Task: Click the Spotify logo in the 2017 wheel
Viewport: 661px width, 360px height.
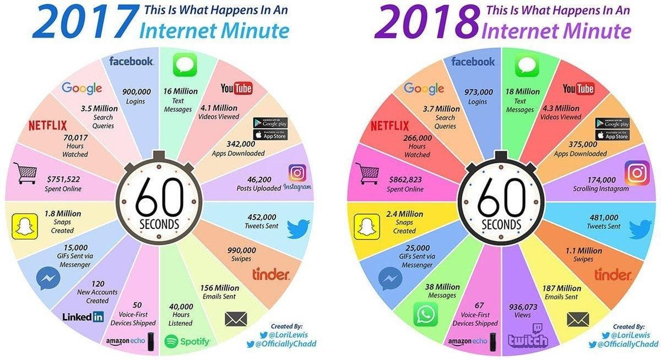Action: click(x=188, y=342)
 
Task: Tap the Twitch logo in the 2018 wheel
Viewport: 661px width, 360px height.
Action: click(x=528, y=340)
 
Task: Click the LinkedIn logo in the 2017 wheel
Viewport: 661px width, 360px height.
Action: click(x=83, y=317)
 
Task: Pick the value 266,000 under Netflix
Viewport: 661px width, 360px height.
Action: click(x=417, y=138)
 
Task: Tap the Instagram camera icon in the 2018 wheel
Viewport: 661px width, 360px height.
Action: click(x=637, y=173)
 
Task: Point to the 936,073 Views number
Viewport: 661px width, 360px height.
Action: click(x=522, y=306)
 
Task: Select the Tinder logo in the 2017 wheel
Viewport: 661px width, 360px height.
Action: click(x=271, y=274)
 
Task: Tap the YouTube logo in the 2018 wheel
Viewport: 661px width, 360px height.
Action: click(x=578, y=89)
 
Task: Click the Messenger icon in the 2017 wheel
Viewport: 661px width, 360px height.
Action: click(x=48, y=279)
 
